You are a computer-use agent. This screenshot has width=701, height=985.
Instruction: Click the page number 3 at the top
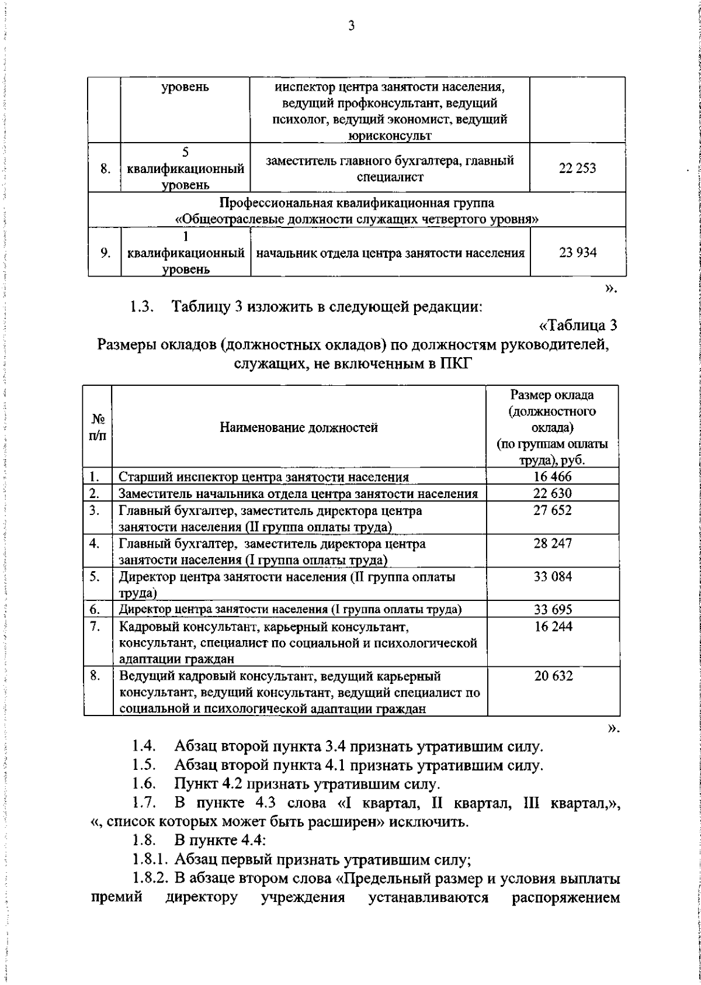pos(351,26)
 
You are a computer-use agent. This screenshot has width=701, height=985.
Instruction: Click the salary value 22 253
pos(577,168)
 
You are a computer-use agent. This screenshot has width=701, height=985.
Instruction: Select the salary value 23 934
pos(577,253)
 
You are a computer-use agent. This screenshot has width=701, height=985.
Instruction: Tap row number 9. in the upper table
pos(105,253)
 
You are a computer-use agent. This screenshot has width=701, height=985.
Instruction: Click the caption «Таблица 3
pos(577,325)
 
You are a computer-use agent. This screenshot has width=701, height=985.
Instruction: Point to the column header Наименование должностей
pos(299,427)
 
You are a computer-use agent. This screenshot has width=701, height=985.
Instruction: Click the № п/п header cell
pos(98,427)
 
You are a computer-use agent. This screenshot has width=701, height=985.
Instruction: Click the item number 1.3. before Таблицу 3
pos(143,307)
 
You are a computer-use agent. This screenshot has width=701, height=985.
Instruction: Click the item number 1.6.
pos(143,784)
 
